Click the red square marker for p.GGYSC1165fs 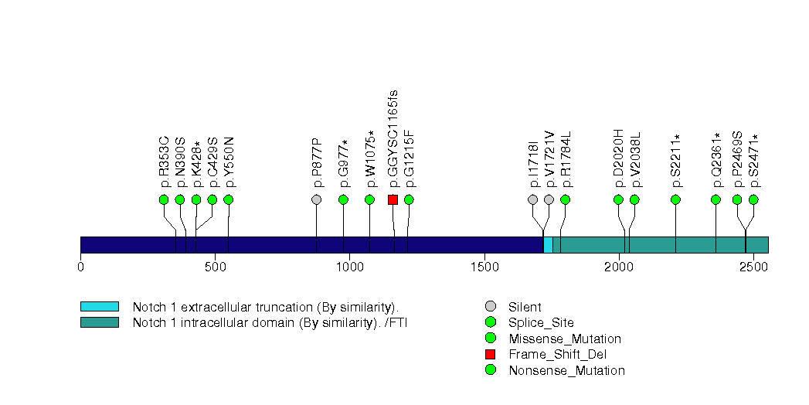[x=393, y=199]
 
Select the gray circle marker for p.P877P [x=316, y=199]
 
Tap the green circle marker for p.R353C [x=164, y=199]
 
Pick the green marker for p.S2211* [x=676, y=199]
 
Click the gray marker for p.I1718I [x=532, y=199]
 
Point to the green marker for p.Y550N [x=228, y=199]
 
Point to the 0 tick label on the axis [x=80, y=267]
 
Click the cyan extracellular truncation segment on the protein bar [x=548, y=244]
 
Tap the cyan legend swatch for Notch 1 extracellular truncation [x=99, y=307]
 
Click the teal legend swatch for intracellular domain [x=99, y=322]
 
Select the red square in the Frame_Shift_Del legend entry [x=490, y=354]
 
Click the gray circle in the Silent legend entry [x=490, y=307]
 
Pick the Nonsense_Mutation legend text [x=566, y=370]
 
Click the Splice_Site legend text [x=541, y=322]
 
